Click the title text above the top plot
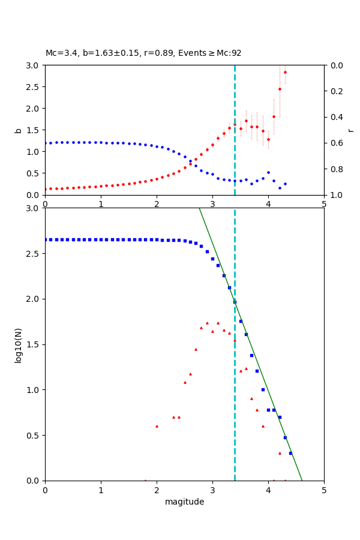pyautogui.click(x=143, y=53)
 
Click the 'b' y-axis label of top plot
pyautogui.click(x=18, y=130)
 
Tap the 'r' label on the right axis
pyautogui.click(x=350, y=130)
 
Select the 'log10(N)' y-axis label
pyautogui.click(x=18, y=344)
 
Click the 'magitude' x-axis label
pyautogui.click(x=184, y=502)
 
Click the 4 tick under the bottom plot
pyautogui.click(x=268, y=490)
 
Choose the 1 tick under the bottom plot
pyautogui.click(x=101, y=490)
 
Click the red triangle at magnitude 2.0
pyautogui.click(x=157, y=426)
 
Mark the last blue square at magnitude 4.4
pyautogui.click(x=290, y=453)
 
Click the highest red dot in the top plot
pyautogui.click(x=285, y=72)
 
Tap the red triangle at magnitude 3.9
pyautogui.click(x=263, y=426)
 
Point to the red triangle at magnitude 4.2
pyautogui.click(x=280, y=453)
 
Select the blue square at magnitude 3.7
pyautogui.click(x=251, y=355)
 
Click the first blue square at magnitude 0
pyautogui.click(x=45, y=239)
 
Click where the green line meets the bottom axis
pyautogui.click(x=302, y=481)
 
